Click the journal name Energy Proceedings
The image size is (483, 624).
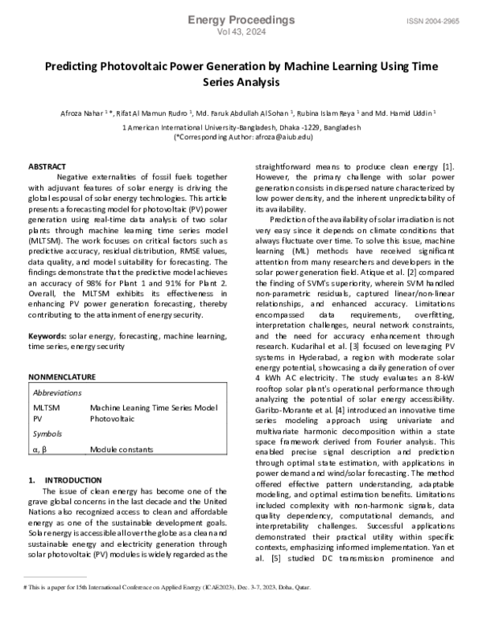(241, 18)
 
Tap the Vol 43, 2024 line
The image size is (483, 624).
(241, 31)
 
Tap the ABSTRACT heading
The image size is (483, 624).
(47, 166)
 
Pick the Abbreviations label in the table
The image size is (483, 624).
(57, 392)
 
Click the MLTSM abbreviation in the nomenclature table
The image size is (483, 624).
(46, 408)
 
